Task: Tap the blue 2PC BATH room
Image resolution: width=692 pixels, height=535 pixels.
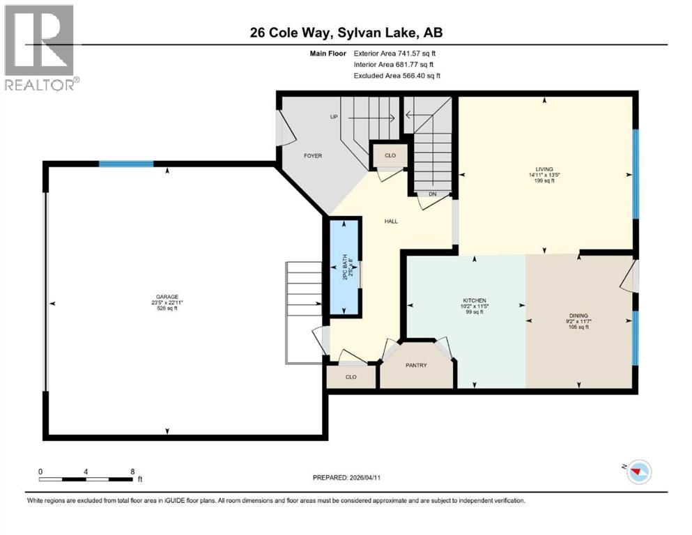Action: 344,268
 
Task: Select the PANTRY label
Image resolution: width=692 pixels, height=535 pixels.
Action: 416,365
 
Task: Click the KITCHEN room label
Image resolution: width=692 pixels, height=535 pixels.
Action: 467,300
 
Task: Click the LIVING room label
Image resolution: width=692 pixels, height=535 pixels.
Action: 544,169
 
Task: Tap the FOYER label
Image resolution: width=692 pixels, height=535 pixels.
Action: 313,156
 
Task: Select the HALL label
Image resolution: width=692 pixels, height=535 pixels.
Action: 391,221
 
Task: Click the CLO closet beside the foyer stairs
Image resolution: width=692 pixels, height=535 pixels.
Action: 390,156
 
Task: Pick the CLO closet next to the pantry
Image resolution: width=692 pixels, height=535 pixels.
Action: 351,377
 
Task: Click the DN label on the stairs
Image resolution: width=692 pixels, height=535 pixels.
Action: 432,194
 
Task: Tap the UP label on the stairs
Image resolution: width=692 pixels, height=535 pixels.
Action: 334,116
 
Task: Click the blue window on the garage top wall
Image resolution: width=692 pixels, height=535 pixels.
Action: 126,164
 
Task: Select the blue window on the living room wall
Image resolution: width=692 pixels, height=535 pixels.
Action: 635,173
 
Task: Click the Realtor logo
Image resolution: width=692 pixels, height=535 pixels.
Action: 40,47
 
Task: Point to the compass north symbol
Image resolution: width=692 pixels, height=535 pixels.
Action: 638,472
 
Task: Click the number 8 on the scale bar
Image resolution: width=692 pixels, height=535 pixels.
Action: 132,472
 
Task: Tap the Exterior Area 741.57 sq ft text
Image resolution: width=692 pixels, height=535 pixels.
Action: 397,53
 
